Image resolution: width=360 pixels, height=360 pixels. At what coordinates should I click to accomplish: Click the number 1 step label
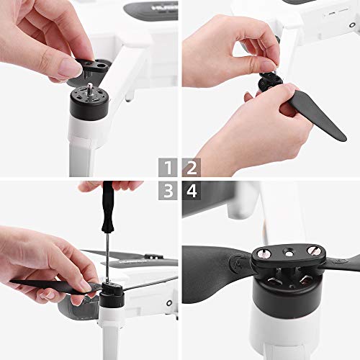(168, 168)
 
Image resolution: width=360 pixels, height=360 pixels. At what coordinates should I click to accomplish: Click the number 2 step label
(192, 168)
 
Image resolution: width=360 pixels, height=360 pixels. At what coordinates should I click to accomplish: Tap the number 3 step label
(168, 192)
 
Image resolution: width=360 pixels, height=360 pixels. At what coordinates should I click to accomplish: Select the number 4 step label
(192, 192)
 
